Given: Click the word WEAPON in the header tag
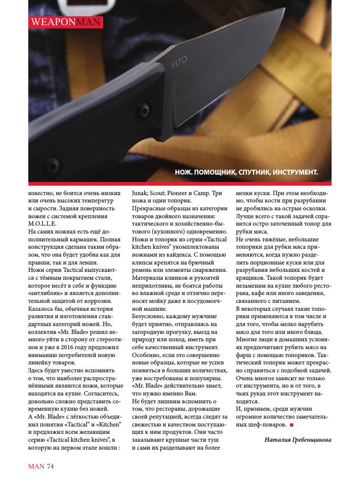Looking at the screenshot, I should [x=47, y=22].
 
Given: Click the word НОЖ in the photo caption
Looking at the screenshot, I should [x=184, y=173].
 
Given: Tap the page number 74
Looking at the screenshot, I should [x=51, y=466].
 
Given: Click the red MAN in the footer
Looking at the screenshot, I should [x=36, y=466].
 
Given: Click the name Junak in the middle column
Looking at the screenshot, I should [x=141, y=193].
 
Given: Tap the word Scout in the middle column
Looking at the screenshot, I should [x=165, y=193].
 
